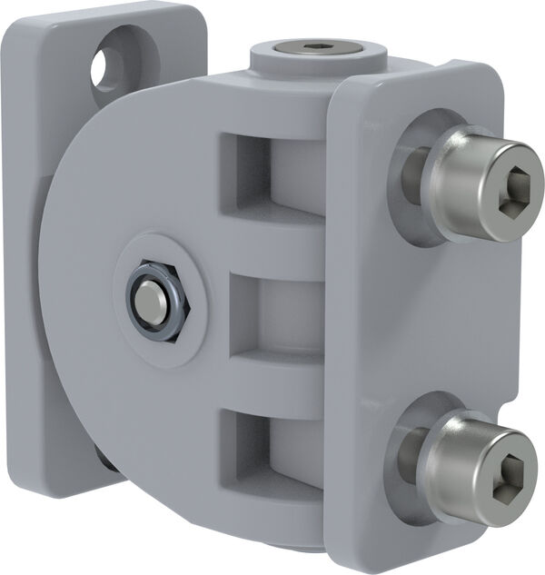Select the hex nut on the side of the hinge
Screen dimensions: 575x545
(158, 302)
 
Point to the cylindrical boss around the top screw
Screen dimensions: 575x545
(272, 64)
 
